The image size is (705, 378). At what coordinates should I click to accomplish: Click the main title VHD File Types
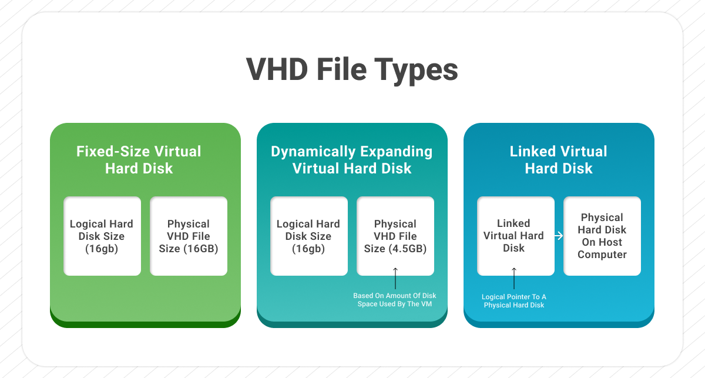(352, 70)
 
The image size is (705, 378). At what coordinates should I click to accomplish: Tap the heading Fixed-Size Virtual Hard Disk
(139, 160)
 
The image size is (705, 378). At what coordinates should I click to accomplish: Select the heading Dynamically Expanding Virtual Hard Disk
(351, 160)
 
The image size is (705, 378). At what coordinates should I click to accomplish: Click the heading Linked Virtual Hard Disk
(558, 160)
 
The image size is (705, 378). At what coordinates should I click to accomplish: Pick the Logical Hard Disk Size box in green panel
(102, 236)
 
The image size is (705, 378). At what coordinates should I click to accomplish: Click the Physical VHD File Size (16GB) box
(189, 236)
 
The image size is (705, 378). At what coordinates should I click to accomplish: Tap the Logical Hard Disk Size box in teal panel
(308, 236)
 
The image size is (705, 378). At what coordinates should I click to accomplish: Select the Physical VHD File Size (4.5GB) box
(395, 236)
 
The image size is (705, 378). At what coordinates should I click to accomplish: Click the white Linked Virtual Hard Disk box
(515, 236)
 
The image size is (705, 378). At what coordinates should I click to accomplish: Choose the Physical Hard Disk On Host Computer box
(602, 236)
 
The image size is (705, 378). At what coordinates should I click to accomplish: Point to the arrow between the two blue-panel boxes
(559, 236)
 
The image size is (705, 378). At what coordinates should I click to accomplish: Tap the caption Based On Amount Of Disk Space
(395, 300)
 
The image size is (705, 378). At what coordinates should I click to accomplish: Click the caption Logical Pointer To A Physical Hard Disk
(514, 301)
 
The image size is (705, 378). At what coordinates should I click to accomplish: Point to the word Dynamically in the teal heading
(310, 152)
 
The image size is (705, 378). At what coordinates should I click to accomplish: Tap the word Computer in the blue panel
(602, 255)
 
